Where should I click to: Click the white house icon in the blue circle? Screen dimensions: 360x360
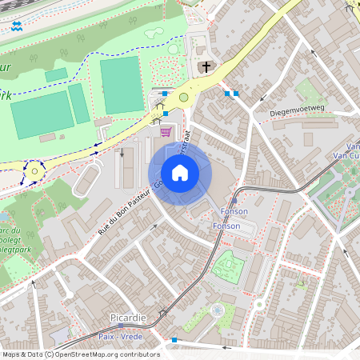tap(180, 173)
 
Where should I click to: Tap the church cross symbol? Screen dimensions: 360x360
tap(206, 67)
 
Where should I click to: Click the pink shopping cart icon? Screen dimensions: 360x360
tap(166, 132)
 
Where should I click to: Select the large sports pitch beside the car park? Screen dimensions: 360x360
tap(122, 85)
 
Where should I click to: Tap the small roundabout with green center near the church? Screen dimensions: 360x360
tap(183, 98)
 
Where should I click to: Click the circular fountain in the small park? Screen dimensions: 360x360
tap(216, 310)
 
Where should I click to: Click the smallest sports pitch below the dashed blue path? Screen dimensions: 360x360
tap(56, 75)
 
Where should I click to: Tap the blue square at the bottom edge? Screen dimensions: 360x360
tap(174, 340)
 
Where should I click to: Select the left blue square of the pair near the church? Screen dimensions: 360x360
tap(227, 94)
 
